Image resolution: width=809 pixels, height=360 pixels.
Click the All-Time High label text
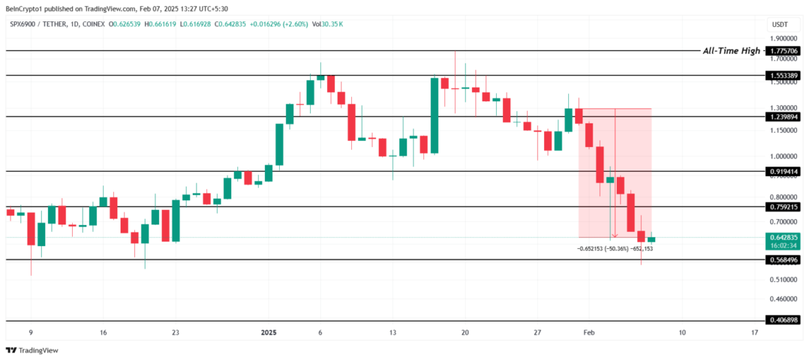click(731, 51)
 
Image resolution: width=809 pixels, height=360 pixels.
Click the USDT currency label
click(779, 24)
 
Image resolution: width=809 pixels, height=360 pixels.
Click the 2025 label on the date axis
click(268, 333)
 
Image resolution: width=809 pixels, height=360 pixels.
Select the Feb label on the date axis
click(589, 333)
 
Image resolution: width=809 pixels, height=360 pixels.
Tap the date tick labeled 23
click(175, 333)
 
